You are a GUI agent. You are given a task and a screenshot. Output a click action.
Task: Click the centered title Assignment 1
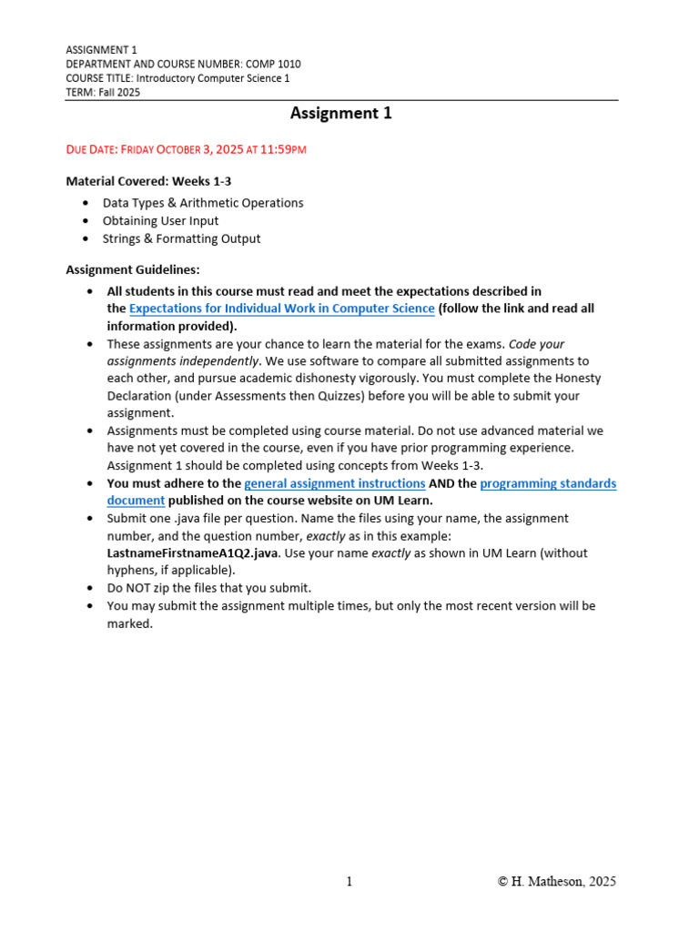pos(340,114)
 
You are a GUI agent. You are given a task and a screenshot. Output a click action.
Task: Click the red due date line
pos(187,149)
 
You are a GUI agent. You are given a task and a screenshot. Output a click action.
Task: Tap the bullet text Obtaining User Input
pos(160,221)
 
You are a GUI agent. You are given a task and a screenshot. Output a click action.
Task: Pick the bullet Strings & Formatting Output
pos(181,239)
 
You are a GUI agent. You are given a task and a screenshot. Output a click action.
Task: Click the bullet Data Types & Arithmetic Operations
pos(202,203)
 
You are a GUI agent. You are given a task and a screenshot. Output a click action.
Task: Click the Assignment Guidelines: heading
pos(133,270)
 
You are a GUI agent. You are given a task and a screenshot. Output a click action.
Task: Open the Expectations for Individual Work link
pos(282,309)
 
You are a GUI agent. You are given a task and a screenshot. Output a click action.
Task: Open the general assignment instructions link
pos(335,484)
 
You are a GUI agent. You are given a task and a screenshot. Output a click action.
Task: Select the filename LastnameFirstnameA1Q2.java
pos(192,553)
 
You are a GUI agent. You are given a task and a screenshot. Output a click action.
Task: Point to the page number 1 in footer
pos(349,881)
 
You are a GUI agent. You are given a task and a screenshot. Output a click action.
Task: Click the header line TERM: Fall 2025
pos(103,93)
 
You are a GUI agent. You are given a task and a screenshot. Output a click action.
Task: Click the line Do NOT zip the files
pos(208,588)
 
